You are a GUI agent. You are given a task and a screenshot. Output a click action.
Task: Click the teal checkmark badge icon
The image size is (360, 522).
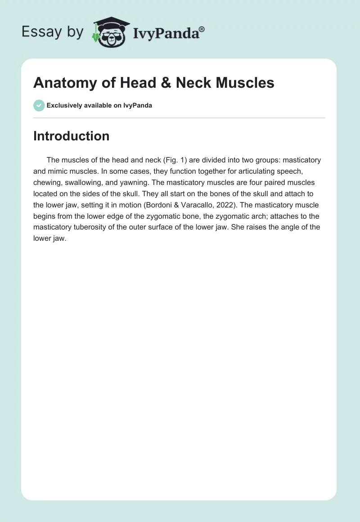point(39,105)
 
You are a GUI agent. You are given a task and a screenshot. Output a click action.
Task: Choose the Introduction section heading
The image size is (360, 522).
point(71,136)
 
